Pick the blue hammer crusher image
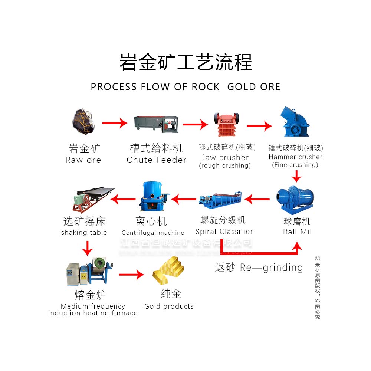click(x=296, y=123)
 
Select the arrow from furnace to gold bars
click(x=131, y=275)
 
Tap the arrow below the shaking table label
click(x=87, y=248)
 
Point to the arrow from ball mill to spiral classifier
click(x=257, y=200)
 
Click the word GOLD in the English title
click(x=240, y=87)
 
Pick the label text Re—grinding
click(x=271, y=267)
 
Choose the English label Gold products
click(x=169, y=306)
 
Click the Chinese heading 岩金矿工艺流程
click(x=185, y=62)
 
